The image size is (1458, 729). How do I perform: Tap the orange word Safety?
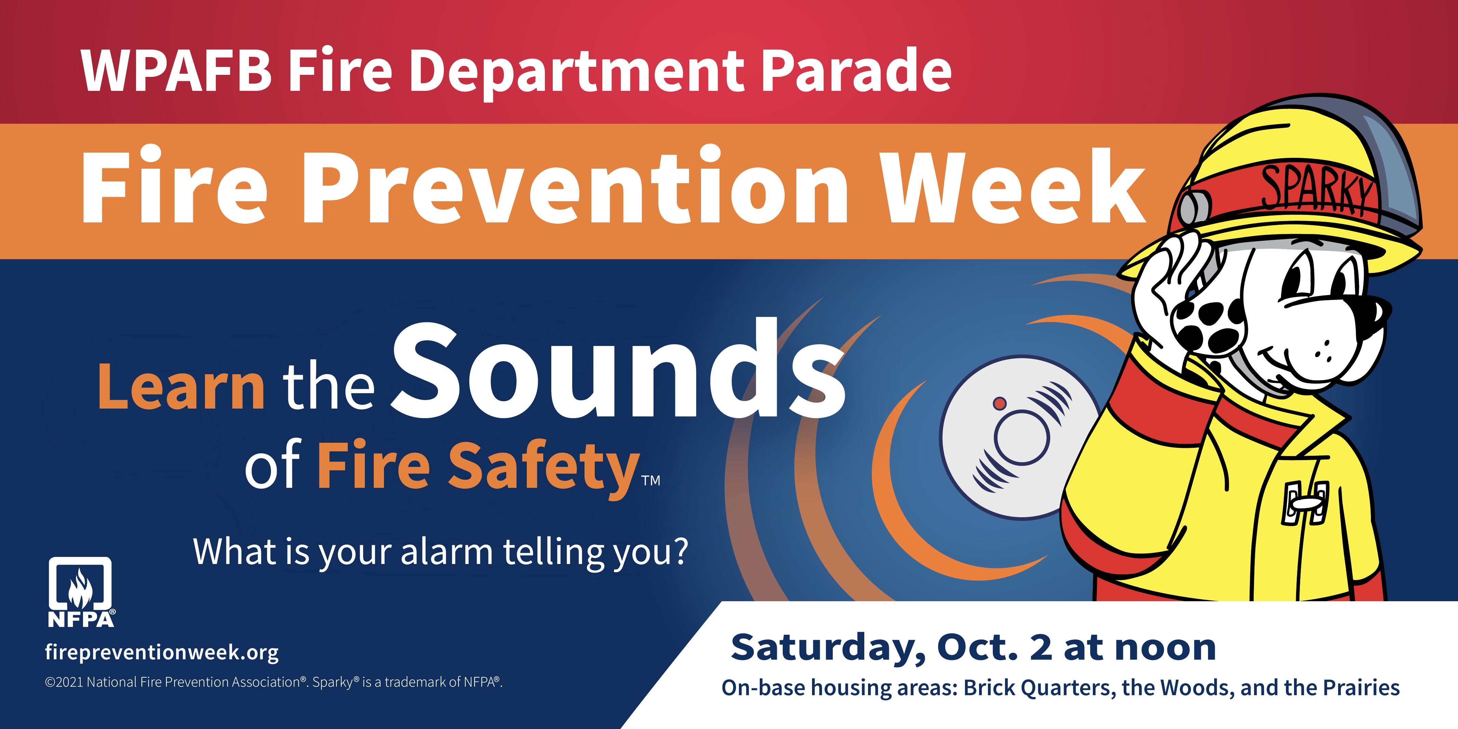(x=544, y=467)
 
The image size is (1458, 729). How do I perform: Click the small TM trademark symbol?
(x=651, y=481)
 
